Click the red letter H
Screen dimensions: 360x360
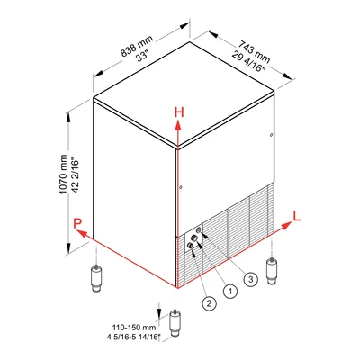coord(179,112)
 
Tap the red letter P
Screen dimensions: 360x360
coord(77,223)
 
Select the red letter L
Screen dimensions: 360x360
coord(297,216)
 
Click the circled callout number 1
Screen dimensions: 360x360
coord(230,291)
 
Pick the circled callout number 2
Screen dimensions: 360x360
coord(209,302)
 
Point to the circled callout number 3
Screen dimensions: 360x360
coord(251,279)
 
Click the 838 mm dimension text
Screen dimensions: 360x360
coord(137,46)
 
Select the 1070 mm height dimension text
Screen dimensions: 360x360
coord(63,175)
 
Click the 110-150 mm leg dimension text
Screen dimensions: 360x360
coord(134,327)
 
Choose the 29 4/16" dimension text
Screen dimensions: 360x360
coord(248,61)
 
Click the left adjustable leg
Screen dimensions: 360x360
coord(96,278)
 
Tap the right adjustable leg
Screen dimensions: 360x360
coord(272,271)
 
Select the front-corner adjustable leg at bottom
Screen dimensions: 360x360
coord(175,323)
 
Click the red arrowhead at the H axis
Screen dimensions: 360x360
coord(178,125)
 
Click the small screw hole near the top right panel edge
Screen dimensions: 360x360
coord(271,135)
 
